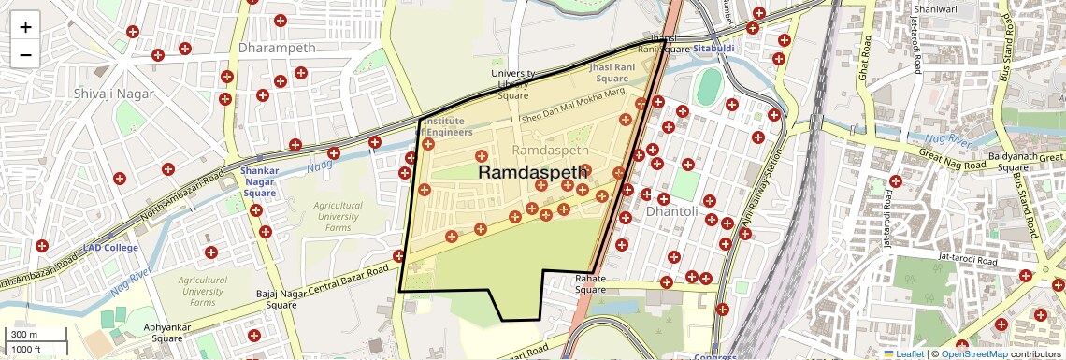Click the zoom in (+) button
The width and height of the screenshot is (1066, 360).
click(x=25, y=27)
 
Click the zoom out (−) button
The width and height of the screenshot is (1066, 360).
click(x=25, y=54)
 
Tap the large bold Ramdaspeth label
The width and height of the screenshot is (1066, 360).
click(x=533, y=173)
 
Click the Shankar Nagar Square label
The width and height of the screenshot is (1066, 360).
click(x=259, y=182)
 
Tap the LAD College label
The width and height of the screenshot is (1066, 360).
click(x=109, y=248)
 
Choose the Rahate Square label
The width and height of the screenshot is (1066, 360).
click(x=590, y=284)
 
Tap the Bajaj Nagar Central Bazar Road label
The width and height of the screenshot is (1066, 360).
click(x=323, y=284)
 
